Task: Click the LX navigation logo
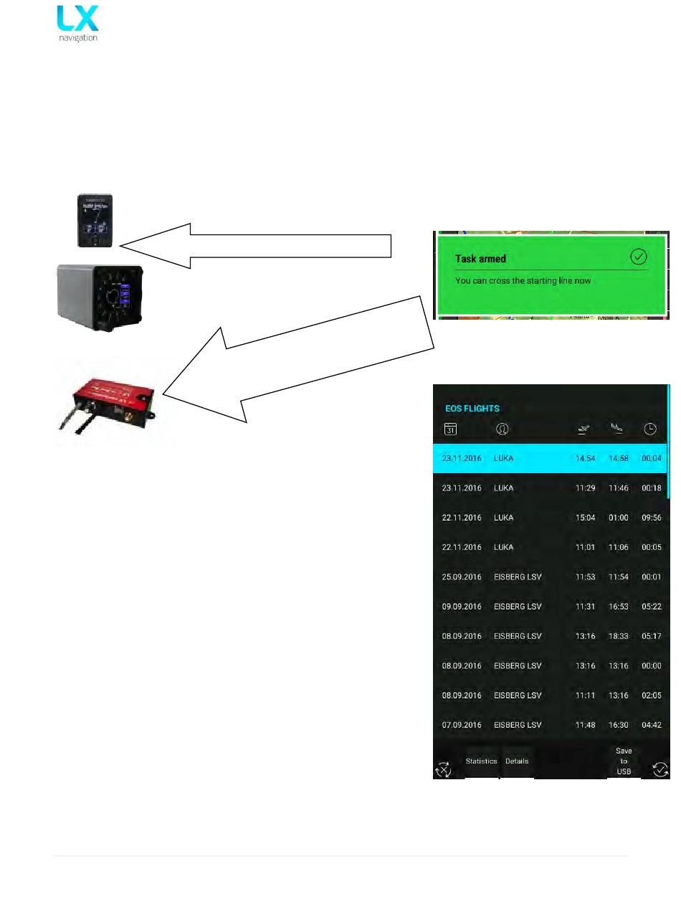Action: click(x=77, y=23)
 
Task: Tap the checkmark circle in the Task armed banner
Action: click(x=638, y=258)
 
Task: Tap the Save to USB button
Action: click(x=624, y=761)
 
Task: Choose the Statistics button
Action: click(x=481, y=761)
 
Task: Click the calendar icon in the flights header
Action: click(x=451, y=429)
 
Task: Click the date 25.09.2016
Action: click(x=462, y=577)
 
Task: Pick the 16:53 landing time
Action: click(x=618, y=607)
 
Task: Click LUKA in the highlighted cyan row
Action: click(x=504, y=458)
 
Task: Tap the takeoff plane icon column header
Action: click(x=585, y=429)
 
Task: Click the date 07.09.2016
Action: click(x=462, y=725)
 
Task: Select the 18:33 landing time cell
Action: click(x=618, y=636)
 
